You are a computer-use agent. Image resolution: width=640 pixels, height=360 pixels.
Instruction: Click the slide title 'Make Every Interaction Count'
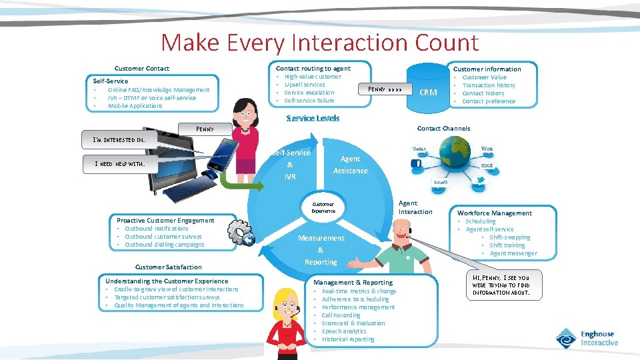point(319,43)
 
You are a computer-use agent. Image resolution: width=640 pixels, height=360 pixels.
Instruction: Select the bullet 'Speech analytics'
point(344,331)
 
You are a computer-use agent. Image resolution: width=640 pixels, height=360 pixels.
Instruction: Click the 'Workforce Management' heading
point(494,213)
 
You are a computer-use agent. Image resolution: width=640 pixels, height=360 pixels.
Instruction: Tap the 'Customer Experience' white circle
point(323,207)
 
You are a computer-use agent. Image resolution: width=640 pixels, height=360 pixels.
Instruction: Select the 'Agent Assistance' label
point(350,165)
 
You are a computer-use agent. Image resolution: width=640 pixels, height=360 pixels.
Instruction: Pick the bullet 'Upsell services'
point(305,85)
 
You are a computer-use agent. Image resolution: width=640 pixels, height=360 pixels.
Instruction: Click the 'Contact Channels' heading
point(443,128)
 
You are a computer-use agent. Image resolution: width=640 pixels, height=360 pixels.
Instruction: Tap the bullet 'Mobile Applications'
point(135,106)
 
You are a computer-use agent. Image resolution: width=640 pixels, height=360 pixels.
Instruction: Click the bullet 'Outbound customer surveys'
point(163,237)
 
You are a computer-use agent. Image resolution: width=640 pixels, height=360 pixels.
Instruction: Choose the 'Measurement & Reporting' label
point(321,250)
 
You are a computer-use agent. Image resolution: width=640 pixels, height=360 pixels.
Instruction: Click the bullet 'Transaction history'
point(489,85)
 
